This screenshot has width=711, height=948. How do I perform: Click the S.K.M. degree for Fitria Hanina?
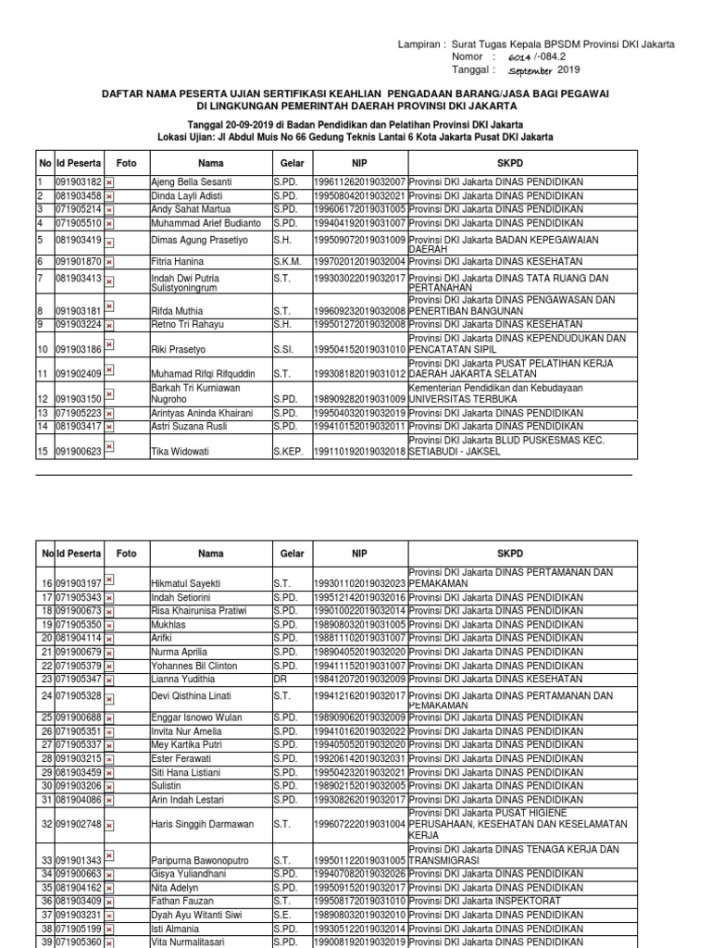pyautogui.click(x=285, y=263)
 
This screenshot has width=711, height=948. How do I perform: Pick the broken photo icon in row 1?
pyautogui.click(x=109, y=183)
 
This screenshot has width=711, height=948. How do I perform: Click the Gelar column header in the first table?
pyautogui.click(x=292, y=163)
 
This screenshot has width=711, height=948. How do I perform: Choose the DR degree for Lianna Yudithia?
pyautogui.click(x=280, y=680)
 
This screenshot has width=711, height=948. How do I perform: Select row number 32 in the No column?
pyautogui.click(x=46, y=824)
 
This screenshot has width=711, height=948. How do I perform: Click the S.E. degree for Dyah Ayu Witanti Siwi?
pyautogui.click(x=282, y=914)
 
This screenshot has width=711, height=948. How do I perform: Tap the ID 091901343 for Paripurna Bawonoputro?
pyautogui.click(x=78, y=861)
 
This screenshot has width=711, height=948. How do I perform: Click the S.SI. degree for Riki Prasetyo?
pyautogui.click(x=284, y=350)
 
